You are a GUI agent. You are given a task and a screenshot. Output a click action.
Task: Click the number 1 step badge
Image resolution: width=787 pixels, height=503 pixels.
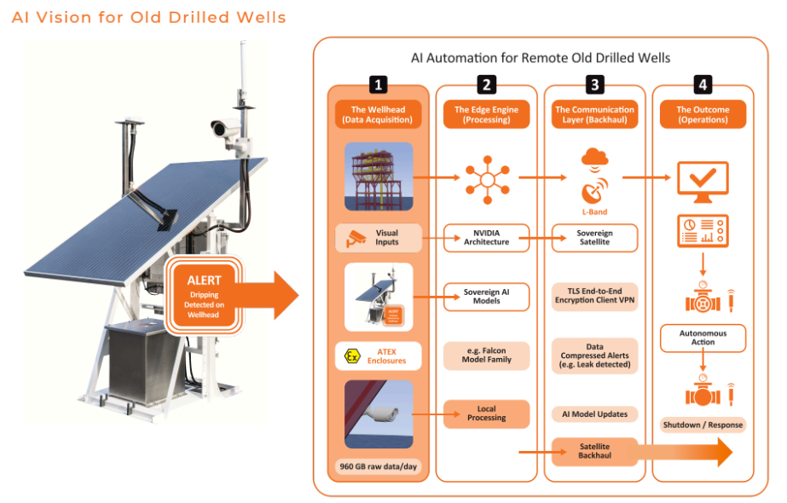pos(379,84)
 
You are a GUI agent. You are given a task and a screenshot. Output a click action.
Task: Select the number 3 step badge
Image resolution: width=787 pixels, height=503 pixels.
pos(595,84)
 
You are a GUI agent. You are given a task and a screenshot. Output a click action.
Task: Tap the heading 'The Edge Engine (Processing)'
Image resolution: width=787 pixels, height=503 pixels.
pos(486,115)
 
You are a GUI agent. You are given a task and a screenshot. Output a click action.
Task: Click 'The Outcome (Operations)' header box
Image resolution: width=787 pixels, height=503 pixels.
pos(703,115)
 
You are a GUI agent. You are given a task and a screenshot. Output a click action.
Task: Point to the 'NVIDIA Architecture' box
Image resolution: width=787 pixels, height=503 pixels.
pos(486,237)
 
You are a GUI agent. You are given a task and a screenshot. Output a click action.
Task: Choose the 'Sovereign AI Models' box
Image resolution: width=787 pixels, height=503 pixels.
pos(486,296)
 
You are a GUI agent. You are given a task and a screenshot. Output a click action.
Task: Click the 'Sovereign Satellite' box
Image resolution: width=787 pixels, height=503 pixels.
pos(594,237)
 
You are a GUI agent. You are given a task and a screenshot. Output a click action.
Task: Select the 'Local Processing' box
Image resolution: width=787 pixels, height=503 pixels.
pos(486,413)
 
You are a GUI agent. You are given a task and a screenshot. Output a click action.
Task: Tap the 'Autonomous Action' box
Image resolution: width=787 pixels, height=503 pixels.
pos(703,338)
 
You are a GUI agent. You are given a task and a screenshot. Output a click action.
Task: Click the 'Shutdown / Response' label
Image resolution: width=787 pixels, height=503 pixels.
pos(703,425)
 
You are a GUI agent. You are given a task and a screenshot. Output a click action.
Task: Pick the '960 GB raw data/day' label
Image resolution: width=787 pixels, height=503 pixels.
pos(379,467)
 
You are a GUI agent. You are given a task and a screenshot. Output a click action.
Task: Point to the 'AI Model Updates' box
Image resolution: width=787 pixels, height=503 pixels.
pos(594,413)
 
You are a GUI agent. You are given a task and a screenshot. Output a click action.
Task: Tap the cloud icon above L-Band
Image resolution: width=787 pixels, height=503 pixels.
pos(594,157)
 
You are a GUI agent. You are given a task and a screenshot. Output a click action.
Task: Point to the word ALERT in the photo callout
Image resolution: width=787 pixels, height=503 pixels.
pos(204,280)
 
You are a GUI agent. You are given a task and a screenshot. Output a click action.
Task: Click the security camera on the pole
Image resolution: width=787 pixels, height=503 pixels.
pos(223,128)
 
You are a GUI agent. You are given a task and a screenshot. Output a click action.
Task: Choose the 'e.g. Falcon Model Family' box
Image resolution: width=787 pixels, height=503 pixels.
pos(486,355)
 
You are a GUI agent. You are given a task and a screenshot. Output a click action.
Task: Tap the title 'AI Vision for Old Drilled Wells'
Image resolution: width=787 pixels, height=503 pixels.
pos(149,17)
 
